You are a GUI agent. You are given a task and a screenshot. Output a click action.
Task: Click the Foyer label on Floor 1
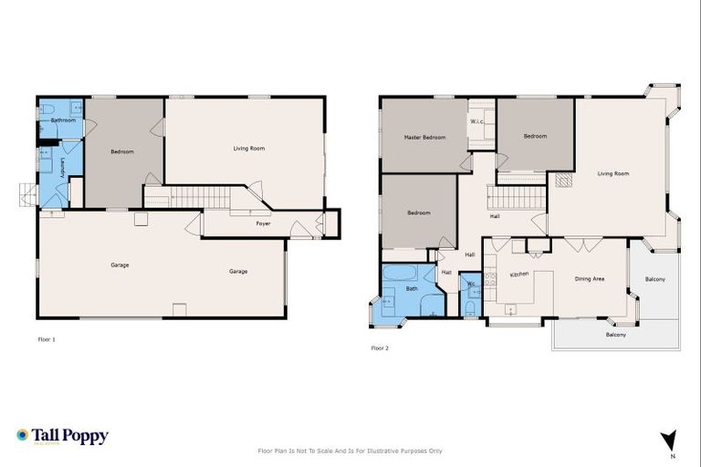click(x=263, y=223)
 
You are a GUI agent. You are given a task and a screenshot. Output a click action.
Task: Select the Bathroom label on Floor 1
click(x=63, y=120)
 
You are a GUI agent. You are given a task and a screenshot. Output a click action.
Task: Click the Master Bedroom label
click(x=424, y=137)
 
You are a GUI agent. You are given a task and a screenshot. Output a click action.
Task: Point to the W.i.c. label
click(x=476, y=121)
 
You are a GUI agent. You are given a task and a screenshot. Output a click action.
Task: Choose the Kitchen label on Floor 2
click(x=519, y=274)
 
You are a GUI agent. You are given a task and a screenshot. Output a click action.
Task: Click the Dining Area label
click(x=589, y=278)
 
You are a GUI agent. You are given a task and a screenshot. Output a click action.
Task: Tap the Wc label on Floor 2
click(x=471, y=285)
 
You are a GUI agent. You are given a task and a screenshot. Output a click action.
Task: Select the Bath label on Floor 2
click(x=412, y=289)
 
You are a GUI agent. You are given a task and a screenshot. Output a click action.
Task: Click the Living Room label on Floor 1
click(x=249, y=148)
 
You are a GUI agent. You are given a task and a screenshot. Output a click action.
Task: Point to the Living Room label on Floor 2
click(x=613, y=172)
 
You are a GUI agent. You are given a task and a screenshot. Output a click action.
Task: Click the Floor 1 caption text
click(x=47, y=339)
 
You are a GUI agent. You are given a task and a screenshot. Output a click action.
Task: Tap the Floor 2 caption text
click(x=380, y=348)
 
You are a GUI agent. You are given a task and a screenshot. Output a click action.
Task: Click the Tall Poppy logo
click(x=62, y=436)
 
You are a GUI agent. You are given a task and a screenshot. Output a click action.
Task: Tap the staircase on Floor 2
click(x=517, y=197)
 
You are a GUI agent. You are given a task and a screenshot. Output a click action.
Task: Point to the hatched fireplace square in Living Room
click(x=563, y=181)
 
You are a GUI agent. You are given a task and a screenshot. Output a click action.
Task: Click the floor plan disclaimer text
click(x=350, y=451)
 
